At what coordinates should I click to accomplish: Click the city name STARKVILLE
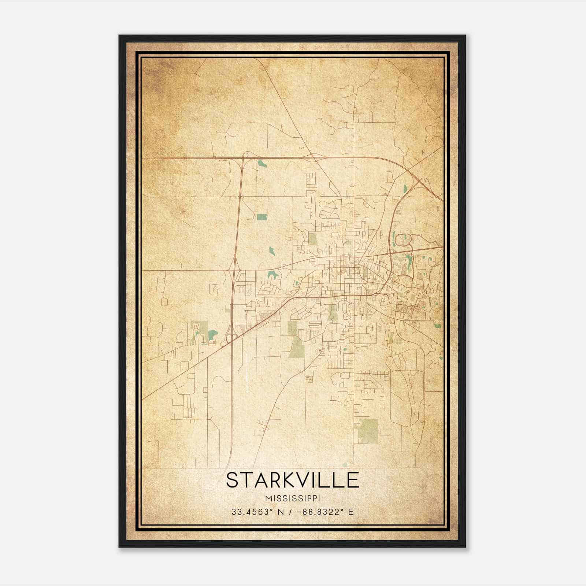click(292, 480)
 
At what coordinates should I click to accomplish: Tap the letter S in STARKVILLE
click(232, 480)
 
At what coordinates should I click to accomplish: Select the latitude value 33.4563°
click(253, 512)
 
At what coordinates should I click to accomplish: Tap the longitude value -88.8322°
click(320, 512)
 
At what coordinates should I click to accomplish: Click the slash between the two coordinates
click(290, 512)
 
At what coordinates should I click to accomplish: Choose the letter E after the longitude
click(351, 512)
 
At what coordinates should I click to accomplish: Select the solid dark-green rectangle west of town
click(262, 217)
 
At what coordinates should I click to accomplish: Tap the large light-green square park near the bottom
click(367, 431)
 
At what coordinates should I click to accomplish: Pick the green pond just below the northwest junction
click(261, 163)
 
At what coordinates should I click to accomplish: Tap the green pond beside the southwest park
click(212, 334)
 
